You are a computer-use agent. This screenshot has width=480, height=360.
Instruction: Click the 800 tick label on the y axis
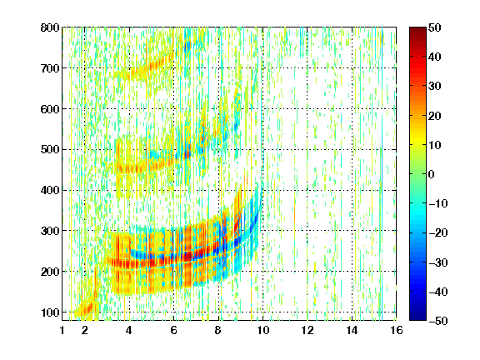point(50,27)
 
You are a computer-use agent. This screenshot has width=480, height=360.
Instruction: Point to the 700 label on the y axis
point(50,68)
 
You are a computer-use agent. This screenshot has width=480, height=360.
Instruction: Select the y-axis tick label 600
point(50,109)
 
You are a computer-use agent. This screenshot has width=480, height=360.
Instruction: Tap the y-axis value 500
point(50,150)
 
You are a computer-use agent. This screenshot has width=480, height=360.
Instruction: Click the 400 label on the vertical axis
point(50,190)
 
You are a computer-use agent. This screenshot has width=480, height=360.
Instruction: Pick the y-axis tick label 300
point(50,231)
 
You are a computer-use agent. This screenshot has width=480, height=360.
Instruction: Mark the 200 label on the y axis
point(50,272)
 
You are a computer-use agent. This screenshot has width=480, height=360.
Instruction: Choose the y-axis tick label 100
point(50,312)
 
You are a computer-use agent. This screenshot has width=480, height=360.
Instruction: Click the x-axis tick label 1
point(62,330)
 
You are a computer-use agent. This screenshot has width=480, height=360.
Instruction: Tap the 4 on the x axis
point(129,330)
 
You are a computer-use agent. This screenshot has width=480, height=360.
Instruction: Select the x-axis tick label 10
point(262,330)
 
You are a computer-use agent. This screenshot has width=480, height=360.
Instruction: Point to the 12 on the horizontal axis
point(307,330)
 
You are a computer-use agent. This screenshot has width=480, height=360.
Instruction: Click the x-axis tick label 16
point(397,330)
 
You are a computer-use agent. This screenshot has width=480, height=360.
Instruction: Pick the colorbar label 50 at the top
point(435,27)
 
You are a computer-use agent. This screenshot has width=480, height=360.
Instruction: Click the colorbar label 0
point(432,174)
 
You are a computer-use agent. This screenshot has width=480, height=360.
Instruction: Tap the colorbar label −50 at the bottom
point(438,321)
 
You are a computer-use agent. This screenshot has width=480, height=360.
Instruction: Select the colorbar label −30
point(438,262)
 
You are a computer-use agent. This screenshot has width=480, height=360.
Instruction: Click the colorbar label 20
point(435,116)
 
